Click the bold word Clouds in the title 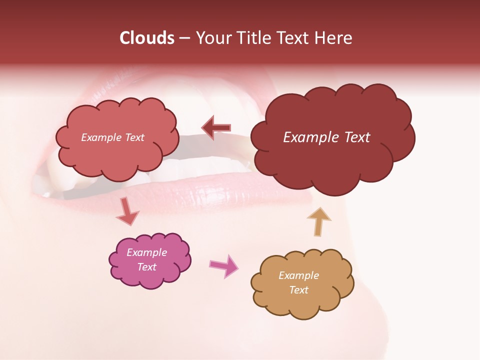[146, 38]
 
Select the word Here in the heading [334, 38]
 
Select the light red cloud [117, 155]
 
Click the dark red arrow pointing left [216, 128]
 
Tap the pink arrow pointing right [224, 265]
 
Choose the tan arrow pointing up [318, 221]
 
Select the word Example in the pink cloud [146, 253]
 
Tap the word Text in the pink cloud [147, 267]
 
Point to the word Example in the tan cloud [298, 275]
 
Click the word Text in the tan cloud [298, 290]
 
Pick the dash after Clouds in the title [184, 38]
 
